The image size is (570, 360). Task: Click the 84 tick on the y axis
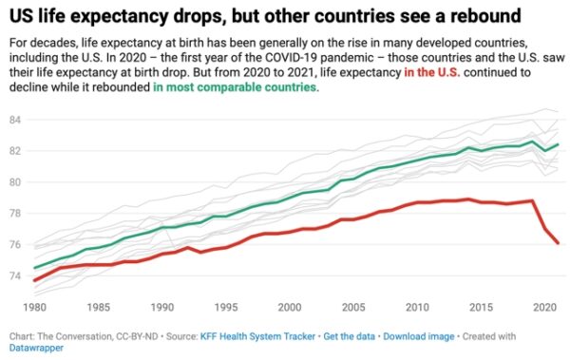pyautogui.click(x=14, y=120)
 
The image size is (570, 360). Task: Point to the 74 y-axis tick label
pyautogui.click(x=14, y=276)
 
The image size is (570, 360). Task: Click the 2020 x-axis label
pyautogui.click(x=542, y=308)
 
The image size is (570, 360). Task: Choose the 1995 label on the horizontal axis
pyautogui.click(x=224, y=308)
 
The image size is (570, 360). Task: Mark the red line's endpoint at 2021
pyautogui.click(x=556, y=244)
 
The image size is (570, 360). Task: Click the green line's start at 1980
pyautogui.click(x=35, y=268)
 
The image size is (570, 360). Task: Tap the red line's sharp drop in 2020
pyautogui.click(x=544, y=229)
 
